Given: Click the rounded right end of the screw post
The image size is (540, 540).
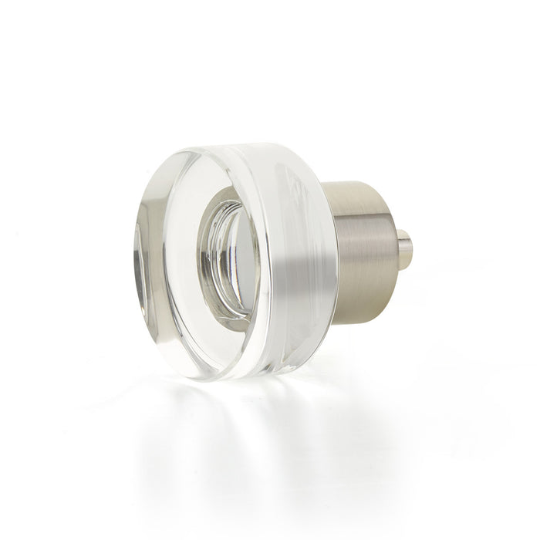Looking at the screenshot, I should (x=410, y=247).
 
